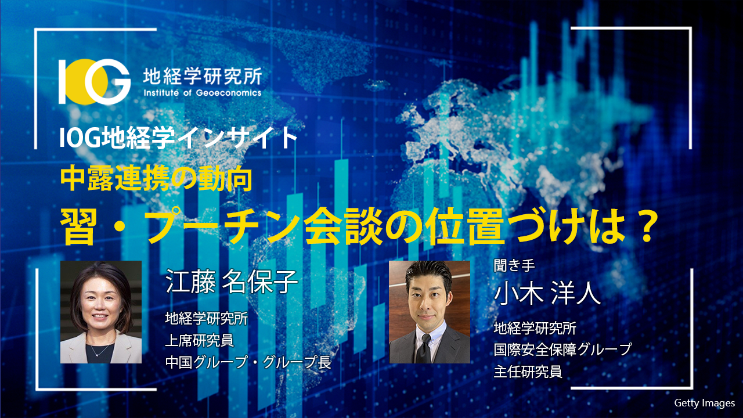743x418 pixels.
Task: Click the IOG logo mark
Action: (95, 81)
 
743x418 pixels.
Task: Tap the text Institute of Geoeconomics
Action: (201, 92)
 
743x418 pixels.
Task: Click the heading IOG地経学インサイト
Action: (179, 138)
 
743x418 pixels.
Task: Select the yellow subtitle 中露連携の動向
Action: (156, 181)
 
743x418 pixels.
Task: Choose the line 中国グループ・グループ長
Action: (248, 363)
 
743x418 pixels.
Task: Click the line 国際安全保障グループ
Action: (561, 350)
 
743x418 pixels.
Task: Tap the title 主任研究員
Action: (528, 372)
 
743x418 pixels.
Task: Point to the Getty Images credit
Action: (704, 402)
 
